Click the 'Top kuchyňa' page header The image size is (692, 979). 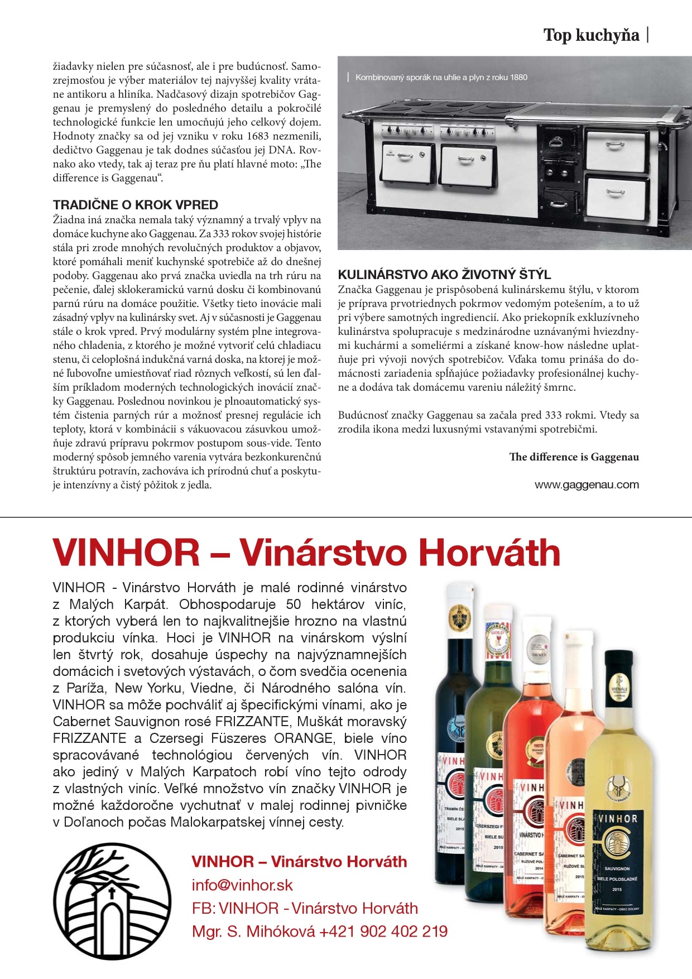click(591, 35)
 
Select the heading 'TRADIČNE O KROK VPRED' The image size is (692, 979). click(136, 205)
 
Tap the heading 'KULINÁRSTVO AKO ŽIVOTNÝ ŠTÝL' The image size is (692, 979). click(444, 275)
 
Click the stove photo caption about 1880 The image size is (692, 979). click(441, 78)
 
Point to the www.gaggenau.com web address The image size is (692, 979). click(587, 484)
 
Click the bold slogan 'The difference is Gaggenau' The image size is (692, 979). click(574, 457)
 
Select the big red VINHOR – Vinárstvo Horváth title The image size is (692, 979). click(306, 553)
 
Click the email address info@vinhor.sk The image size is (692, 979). click(242, 885)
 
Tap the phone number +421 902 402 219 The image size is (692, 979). click(383, 931)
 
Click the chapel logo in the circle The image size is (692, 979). click(112, 901)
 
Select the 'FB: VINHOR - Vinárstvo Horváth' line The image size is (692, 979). click(305, 908)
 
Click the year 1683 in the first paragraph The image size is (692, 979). click(256, 136)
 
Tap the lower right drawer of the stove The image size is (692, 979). click(616, 197)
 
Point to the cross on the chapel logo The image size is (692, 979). click(111, 891)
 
